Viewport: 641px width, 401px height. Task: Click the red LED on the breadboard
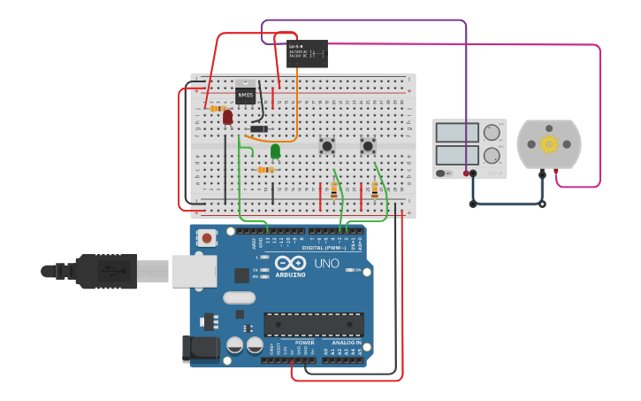tap(227, 116)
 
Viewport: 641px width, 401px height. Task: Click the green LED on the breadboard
tap(275, 150)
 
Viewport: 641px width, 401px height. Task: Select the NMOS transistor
tap(245, 93)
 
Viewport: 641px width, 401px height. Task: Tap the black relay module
tap(307, 53)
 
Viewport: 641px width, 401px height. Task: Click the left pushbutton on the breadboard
tap(327, 145)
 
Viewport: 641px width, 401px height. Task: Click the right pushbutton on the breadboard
tap(368, 145)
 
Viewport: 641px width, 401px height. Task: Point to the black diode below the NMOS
tap(259, 129)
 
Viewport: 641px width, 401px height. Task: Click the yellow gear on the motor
tap(549, 143)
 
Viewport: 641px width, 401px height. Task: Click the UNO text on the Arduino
tap(326, 264)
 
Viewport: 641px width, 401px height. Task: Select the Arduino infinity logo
tap(290, 264)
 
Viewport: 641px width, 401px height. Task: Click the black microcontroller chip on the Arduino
tap(313, 324)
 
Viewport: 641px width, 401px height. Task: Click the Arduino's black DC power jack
tap(201, 348)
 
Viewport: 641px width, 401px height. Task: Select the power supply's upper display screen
tap(457, 133)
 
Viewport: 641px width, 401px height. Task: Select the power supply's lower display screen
tap(457, 154)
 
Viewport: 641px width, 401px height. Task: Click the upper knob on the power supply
tap(492, 133)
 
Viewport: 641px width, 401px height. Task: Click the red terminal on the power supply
tap(466, 174)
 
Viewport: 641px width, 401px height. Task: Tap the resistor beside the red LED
tap(215, 108)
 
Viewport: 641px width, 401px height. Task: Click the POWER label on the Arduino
tap(304, 343)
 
